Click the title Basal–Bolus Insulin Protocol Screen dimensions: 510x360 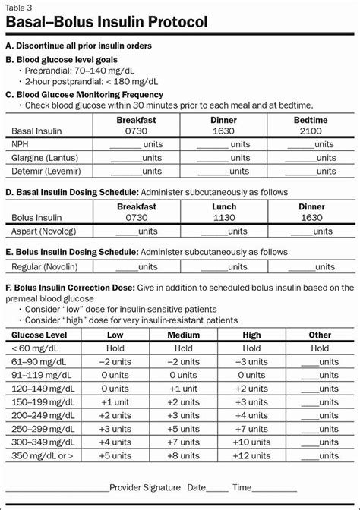(106, 22)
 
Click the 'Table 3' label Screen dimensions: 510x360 (20, 8)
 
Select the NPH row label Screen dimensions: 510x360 (21, 144)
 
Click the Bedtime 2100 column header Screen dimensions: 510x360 (310, 125)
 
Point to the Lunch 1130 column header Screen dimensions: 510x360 (223, 212)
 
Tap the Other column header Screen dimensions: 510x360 (320, 335)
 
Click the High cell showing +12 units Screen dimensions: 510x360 (251, 455)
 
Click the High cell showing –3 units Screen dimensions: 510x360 (251, 361)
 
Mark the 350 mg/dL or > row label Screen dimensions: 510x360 (42, 455)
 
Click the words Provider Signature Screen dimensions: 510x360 (144, 488)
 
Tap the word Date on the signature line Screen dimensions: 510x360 (197, 488)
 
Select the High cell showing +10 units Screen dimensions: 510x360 (251, 442)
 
